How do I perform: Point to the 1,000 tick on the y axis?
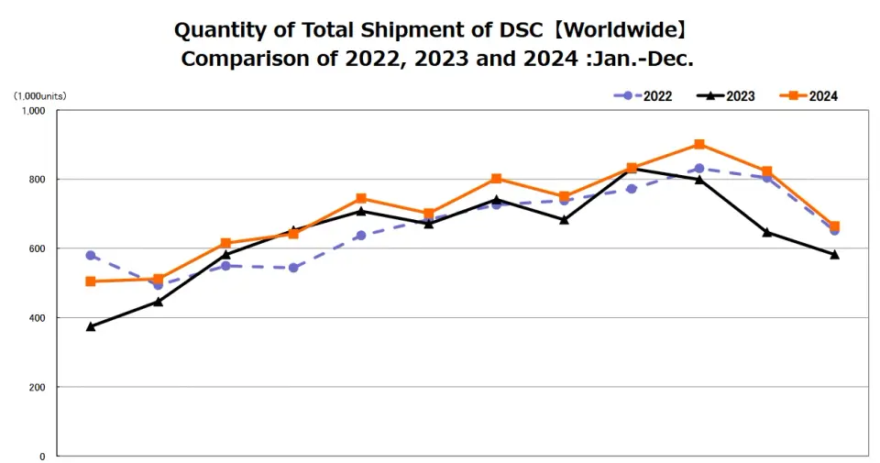pyautogui.click(x=33, y=111)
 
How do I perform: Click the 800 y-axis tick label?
pyautogui.click(x=37, y=180)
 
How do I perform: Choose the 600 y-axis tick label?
pyautogui.click(x=37, y=248)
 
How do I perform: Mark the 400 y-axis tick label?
pyautogui.click(x=37, y=318)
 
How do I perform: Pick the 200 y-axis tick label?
pyautogui.click(x=37, y=387)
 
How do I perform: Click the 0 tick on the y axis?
pyautogui.click(x=42, y=456)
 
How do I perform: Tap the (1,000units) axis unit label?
pyautogui.click(x=39, y=95)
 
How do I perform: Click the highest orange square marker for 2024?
pyautogui.click(x=699, y=144)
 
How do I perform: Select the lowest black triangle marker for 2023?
pyautogui.click(x=91, y=326)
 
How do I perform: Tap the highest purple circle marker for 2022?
pyautogui.click(x=699, y=169)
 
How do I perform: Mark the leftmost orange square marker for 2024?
pyautogui.click(x=91, y=281)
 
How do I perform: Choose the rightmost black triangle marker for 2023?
pyautogui.click(x=834, y=255)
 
